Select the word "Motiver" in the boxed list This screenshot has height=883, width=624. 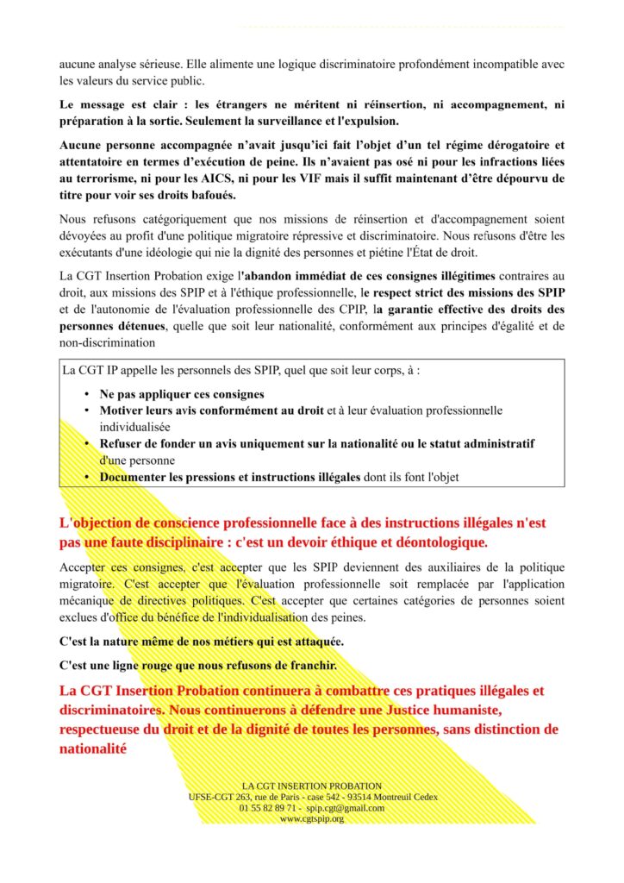coord(122,410)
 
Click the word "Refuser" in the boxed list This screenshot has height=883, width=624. coord(123,443)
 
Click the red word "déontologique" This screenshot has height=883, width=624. coord(436,542)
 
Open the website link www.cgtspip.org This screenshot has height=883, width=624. coord(312,818)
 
